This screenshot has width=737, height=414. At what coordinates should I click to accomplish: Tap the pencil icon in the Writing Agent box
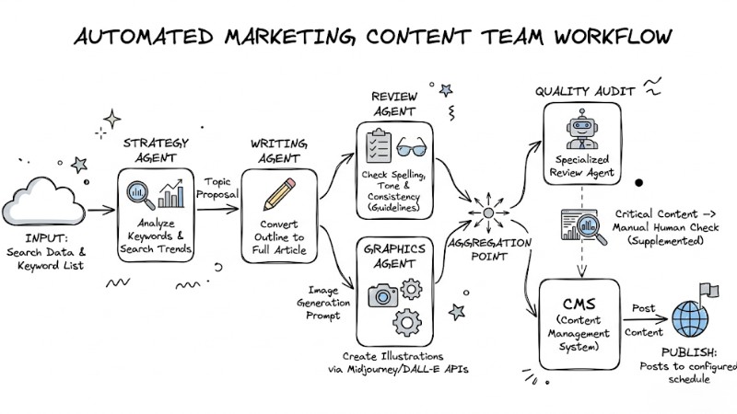pyautogui.click(x=278, y=196)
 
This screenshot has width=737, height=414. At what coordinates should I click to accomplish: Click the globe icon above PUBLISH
pyautogui.click(x=692, y=318)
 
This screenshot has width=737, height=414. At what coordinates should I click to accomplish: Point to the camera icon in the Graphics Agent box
pyautogui.click(x=382, y=294)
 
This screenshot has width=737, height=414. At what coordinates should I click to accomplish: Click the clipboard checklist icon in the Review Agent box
pyautogui.click(x=378, y=147)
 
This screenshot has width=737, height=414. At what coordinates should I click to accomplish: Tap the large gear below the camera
pyautogui.click(x=406, y=323)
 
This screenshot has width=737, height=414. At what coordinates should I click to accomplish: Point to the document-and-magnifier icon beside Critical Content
pyautogui.click(x=582, y=226)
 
